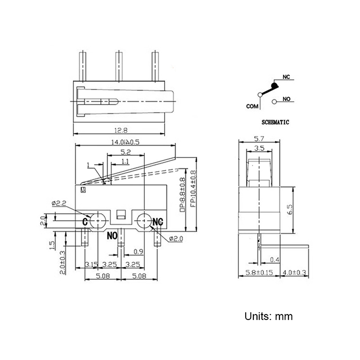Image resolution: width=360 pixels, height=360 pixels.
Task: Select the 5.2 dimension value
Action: (126, 152)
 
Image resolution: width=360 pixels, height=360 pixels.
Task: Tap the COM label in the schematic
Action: (252, 106)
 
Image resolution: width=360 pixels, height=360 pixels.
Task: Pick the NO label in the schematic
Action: (286, 99)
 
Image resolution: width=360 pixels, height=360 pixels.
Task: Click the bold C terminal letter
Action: (85, 222)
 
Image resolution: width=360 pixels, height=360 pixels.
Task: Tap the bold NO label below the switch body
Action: (113, 234)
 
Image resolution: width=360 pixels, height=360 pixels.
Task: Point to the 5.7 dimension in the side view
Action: (259, 138)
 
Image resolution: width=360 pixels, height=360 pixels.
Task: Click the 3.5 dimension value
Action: (259, 148)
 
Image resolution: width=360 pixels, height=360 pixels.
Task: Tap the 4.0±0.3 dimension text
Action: (296, 272)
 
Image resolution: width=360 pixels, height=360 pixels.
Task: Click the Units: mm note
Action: (269, 316)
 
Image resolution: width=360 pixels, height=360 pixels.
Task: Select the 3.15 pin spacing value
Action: (92, 264)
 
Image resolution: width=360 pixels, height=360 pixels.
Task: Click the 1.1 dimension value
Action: (126, 161)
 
